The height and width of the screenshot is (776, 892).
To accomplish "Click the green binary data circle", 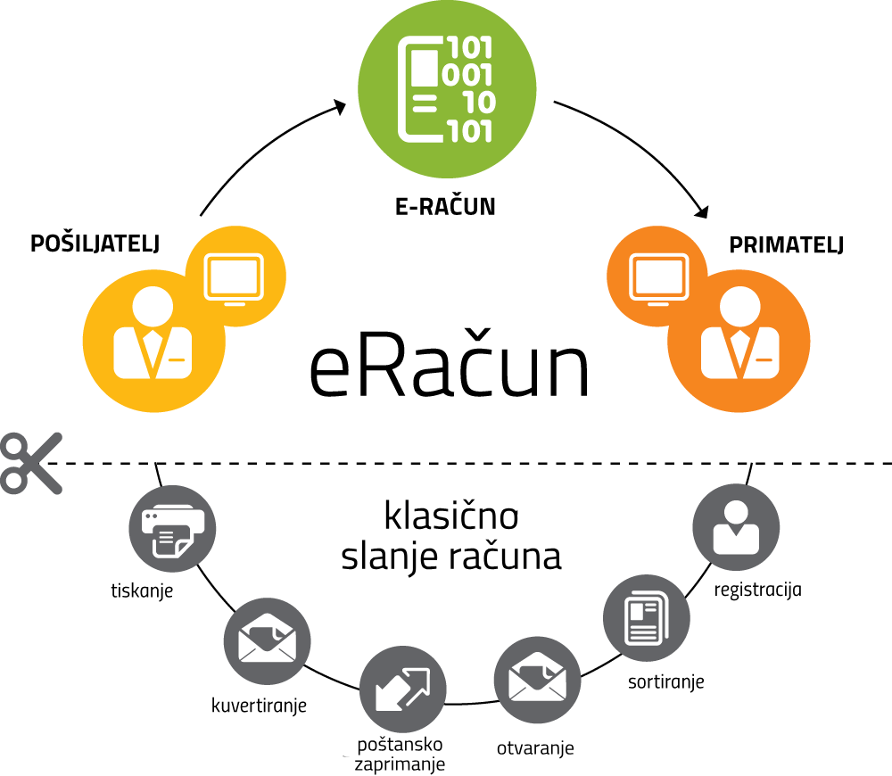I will click(447, 89).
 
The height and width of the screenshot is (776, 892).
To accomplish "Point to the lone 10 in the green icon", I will click(479, 103).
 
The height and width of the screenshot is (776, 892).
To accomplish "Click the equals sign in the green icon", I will click(425, 103).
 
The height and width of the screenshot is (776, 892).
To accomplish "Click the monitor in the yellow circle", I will click(235, 277).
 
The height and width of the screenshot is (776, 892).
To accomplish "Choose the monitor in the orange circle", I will click(658, 277).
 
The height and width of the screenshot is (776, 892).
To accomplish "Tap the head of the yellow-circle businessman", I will click(153, 305).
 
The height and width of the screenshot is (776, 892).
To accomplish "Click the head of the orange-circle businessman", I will click(739, 305).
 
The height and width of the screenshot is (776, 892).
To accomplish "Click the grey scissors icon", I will click(30, 463).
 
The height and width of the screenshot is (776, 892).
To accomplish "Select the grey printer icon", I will click(172, 529).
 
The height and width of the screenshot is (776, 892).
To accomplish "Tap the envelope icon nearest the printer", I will click(267, 641).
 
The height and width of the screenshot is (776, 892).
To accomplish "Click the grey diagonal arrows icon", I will click(402, 689).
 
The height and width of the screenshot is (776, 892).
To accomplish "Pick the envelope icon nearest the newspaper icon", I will click(537, 680).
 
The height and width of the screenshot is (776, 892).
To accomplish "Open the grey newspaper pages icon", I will click(647, 618).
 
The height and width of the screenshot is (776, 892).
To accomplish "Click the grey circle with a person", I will click(736, 528).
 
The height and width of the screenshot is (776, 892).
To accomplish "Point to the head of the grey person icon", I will click(736, 513).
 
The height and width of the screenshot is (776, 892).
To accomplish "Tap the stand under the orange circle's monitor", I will click(658, 303).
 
